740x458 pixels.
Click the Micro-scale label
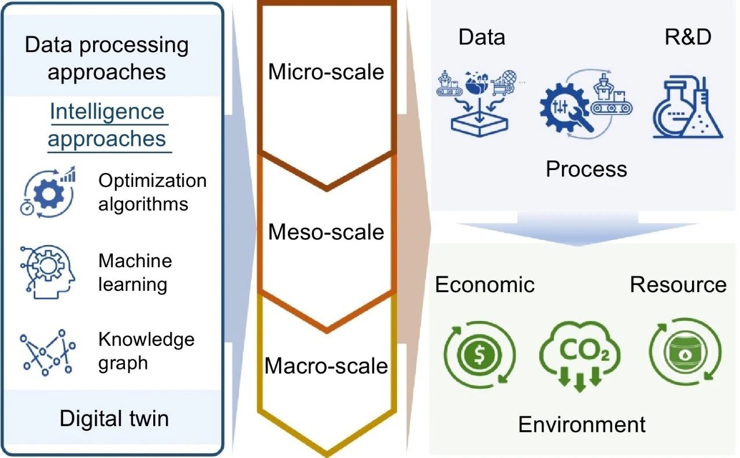click(326, 72)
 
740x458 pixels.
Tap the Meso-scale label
click(326, 232)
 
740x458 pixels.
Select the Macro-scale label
click(326, 366)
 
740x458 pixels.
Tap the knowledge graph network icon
click(46, 351)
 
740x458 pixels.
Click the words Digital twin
click(114, 418)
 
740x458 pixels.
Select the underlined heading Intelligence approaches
click(107, 125)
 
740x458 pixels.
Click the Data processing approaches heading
click(107, 58)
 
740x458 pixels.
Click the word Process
click(586, 169)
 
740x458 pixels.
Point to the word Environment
click(582, 424)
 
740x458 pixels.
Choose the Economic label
click(484, 285)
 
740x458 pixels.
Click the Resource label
click(678, 285)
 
